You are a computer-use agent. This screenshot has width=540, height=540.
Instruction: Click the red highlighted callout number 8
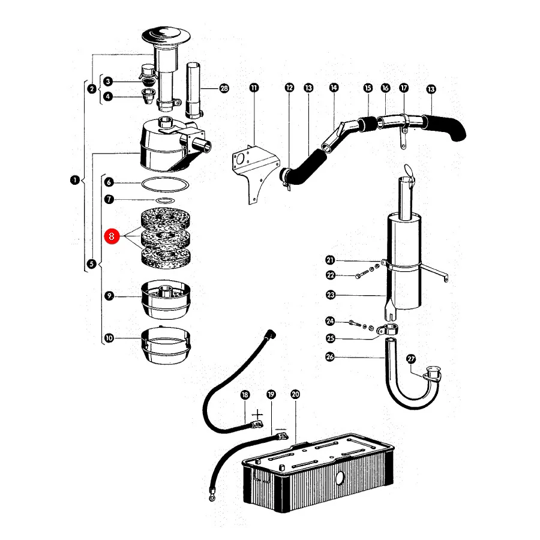[112, 236]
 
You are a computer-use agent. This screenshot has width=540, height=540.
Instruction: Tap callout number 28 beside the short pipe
[224, 89]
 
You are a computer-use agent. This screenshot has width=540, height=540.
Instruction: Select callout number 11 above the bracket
[254, 88]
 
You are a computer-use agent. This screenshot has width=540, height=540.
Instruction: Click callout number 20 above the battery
[295, 394]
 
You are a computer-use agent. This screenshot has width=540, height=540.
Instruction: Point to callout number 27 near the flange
[411, 359]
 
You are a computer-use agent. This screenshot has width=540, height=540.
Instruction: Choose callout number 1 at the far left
[75, 180]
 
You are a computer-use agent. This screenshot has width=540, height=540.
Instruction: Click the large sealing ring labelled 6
[166, 184]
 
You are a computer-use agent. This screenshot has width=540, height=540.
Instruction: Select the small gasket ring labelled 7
[166, 200]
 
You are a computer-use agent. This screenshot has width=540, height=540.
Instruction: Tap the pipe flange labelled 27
[432, 376]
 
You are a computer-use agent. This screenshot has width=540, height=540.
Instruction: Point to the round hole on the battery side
[340, 478]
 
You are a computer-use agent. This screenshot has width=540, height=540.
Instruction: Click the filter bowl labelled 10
[166, 346]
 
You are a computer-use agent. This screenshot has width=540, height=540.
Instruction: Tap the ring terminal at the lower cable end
[212, 497]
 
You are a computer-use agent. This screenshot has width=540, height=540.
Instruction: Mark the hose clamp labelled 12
[285, 176]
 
